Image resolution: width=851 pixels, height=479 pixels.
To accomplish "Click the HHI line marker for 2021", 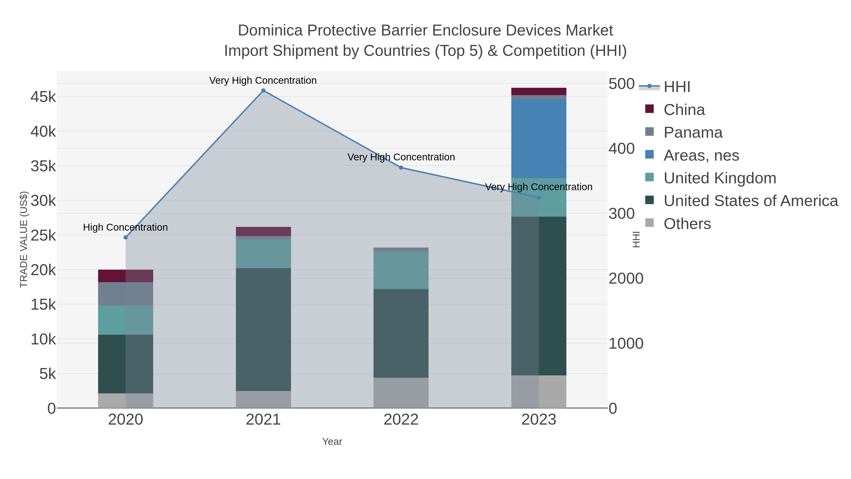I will (263, 91).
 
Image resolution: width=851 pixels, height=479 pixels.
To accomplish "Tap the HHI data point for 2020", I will (126, 237).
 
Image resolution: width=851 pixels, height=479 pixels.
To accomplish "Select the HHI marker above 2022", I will (401, 168).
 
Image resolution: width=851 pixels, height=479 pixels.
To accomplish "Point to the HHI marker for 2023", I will (539, 198).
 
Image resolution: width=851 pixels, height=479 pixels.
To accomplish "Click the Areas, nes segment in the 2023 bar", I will (539, 139).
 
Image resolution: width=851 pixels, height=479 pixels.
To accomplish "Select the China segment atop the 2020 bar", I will (126, 276).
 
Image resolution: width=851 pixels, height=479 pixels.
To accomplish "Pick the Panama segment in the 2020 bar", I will (126, 294).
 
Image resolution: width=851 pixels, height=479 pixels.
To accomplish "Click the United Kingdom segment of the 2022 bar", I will (401, 270).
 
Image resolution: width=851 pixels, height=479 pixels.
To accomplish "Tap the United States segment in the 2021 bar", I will (263, 329).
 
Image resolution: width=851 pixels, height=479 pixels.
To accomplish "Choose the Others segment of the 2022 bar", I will (401, 393).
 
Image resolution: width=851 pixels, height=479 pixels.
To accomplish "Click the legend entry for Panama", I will (693, 132).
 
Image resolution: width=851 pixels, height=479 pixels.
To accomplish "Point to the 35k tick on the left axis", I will (43, 166).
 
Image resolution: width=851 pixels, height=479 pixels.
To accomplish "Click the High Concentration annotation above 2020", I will (126, 227).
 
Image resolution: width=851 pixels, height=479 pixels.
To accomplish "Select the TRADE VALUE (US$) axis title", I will (24, 239).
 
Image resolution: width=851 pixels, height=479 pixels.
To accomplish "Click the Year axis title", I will (332, 442).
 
